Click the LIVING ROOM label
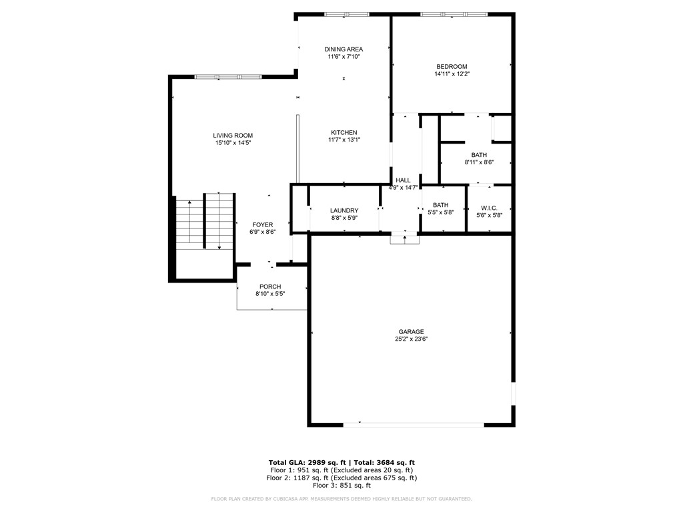pyautogui.click(x=233, y=136)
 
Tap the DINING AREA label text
pyautogui.click(x=344, y=49)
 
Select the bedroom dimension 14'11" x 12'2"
pyautogui.click(x=452, y=74)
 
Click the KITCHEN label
pyautogui.click(x=344, y=132)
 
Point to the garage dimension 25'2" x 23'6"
pyautogui.click(x=411, y=339)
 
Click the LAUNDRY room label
pyautogui.click(x=344, y=210)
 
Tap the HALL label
pyautogui.click(x=403, y=180)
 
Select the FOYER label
pyautogui.click(x=262, y=224)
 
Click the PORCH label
pyautogui.click(x=270, y=287)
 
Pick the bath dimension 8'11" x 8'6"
pyautogui.click(x=478, y=162)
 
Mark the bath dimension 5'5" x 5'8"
pyautogui.click(x=440, y=212)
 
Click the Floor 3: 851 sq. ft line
pyautogui.click(x=341, y=486)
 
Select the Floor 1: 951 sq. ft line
pyautogui.click(x=341, y=470)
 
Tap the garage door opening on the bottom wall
pyautogui.click(x=414, y=423)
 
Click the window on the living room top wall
pyautogui.click(x=227, y=77)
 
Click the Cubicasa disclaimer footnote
pyautogui.click(x=341, y=499)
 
